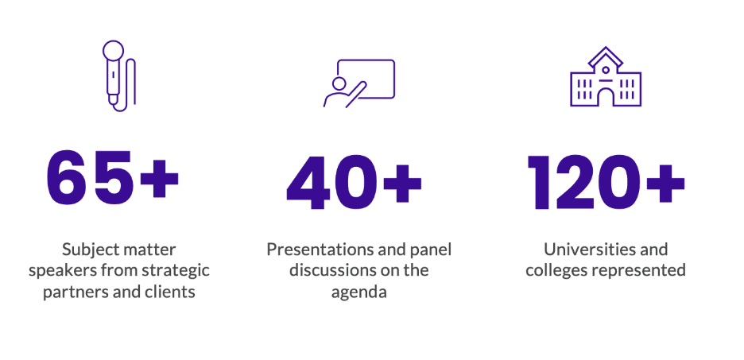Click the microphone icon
pyautogui.click(x=118, y=76)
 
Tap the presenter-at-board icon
pyautogui.click(x=359, y=82)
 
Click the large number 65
pyautogui.click(x=89, y=176)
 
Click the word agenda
pyautogui.click(x=358, y=292)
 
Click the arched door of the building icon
pyautogui.click(x=606, y=97)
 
